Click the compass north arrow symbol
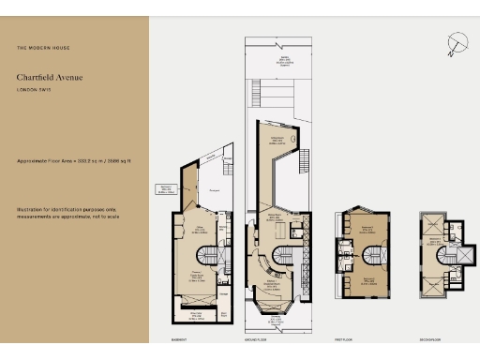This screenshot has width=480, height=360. point(456,42)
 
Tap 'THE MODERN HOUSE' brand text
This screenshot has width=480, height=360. point(43,48)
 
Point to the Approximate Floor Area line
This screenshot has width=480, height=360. point(73,161)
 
